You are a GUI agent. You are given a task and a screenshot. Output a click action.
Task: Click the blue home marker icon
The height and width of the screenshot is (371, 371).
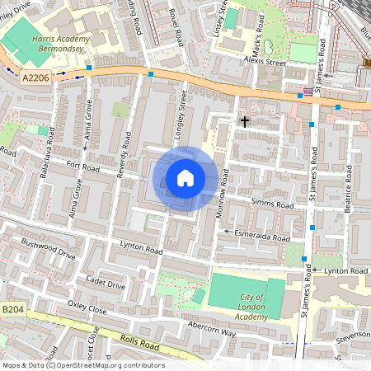[x=185, y=178]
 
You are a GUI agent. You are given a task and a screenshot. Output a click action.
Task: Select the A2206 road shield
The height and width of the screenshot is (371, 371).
[x=35, y=77]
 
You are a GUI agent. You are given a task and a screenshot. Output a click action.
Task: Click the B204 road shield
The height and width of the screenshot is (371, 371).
[x=12, y=309]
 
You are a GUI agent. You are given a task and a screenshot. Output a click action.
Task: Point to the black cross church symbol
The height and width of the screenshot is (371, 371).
[x=244, y=121]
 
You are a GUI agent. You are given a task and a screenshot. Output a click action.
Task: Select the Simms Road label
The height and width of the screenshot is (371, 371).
[x=273, y=204]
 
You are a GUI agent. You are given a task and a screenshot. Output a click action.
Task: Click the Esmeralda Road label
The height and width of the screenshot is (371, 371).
[x=262, y=237]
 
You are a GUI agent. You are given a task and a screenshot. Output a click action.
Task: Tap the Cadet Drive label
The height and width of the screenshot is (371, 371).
[x=107, y=284]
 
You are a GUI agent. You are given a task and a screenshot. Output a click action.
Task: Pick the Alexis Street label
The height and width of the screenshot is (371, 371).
[x=264, y=61]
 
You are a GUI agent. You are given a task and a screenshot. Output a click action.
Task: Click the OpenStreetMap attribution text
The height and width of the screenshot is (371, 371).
[x=83, y=365]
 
